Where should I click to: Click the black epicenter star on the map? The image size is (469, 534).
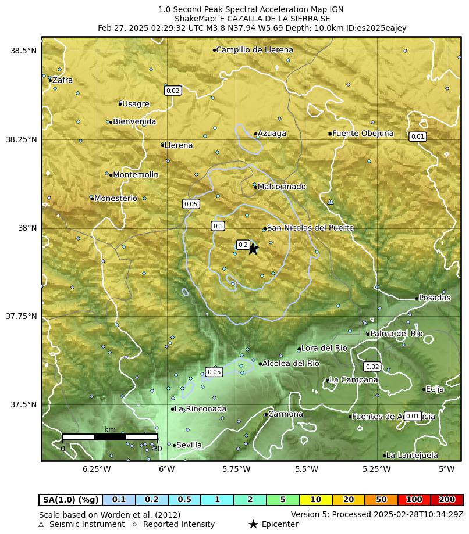(x=253, y=249)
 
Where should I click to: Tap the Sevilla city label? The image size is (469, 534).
(x=189, y=445)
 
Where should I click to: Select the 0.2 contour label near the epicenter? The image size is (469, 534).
(x=243, y=245)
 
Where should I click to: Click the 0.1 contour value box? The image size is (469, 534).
(x=218, y=226)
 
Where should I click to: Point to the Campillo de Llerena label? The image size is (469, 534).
(x=254, y=50)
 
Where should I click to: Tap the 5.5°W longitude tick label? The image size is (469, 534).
(x=307, y=469)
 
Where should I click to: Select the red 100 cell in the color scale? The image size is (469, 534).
(x=414, y=500)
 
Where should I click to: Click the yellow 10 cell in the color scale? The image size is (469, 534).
(x=315, y=500)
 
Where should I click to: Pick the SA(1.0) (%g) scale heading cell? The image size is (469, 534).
(x=70, y=500)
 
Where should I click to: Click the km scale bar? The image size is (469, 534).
(x=109, y=436)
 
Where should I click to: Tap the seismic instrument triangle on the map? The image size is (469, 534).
(x=331, y=202)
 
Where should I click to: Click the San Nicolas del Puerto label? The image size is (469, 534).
(x=310, y=228)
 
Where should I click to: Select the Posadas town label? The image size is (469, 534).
(x=434, y=298)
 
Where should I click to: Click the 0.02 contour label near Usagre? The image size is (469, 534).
(x=173, y=91)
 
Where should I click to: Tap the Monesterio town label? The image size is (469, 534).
(x=115, y=198)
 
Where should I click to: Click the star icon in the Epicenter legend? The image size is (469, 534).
(x=253, y=524)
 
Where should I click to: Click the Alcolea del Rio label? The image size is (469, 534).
(x=290, y=364)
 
